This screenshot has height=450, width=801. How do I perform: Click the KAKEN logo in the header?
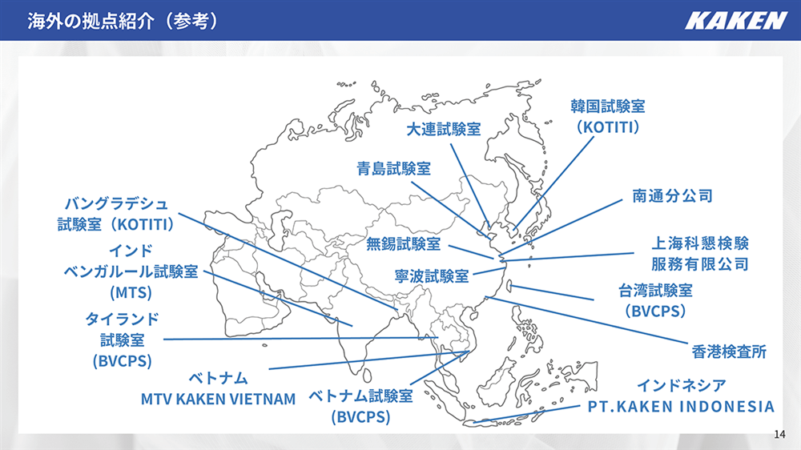[x=735, y=21]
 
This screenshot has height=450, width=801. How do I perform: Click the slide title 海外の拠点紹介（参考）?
[x=123, y=21]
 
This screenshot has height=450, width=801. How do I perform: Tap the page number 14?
[x=779, y=434]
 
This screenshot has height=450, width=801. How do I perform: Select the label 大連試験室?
[x=444, y=129]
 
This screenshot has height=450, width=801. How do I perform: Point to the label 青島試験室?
[x=393, y=169]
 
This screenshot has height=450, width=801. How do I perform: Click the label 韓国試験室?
[x=608, y=106]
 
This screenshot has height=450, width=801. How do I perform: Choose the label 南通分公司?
[x=672, y=195]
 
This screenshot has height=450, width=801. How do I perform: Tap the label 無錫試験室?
[x=403, y=243]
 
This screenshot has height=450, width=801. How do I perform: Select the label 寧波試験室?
[x=432, y=276]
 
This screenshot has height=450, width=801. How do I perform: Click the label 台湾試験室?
[x=655, y=291]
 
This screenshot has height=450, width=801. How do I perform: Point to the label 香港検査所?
[x=729, y=352]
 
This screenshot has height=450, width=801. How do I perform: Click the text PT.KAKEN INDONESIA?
[x=681, y=407]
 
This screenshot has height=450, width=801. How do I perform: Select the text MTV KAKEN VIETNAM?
[x=218, y=399]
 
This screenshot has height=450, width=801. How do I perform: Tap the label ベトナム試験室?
[x=360, y=396]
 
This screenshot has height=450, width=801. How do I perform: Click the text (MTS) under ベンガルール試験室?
[x=131, y=293]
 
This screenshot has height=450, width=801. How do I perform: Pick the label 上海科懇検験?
[x=700, y=243]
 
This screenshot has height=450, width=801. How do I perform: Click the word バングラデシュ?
[x=116, y=204]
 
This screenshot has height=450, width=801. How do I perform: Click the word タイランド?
[x=122, y=319]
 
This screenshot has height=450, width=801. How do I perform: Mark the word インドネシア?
[x=681, y=385]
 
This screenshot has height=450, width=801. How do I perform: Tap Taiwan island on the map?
[x=509, y=287]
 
